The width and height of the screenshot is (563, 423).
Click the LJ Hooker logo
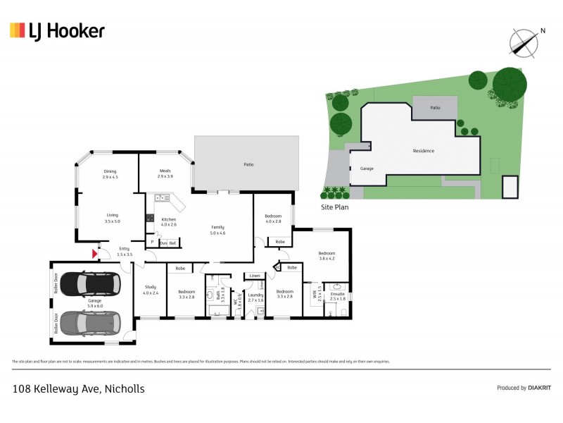[x=57, y=30]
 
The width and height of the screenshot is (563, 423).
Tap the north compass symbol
[x=524, y=42]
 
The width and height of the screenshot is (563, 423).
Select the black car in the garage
[x=89, y=284]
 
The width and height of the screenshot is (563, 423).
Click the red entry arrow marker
[x=94, y=253]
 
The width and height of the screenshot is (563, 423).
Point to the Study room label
[x=150, y=289]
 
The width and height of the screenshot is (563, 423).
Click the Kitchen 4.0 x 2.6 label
[x=169, y=222]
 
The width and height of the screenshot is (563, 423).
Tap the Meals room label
[x=165, y=173]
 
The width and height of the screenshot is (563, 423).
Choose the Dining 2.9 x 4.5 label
[x=110, y=173]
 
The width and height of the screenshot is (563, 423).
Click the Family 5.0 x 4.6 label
[x=218, y=230]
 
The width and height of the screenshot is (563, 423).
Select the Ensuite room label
[x=338, y=296]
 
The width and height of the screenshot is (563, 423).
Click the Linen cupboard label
[x=254, y=276]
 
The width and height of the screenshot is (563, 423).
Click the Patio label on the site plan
[x=436, y=108]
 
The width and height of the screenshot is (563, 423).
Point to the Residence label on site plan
[x=424, y=151]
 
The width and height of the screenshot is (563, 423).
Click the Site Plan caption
[x=334, y=208]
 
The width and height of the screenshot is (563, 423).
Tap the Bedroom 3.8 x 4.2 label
[x=327, y=255]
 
